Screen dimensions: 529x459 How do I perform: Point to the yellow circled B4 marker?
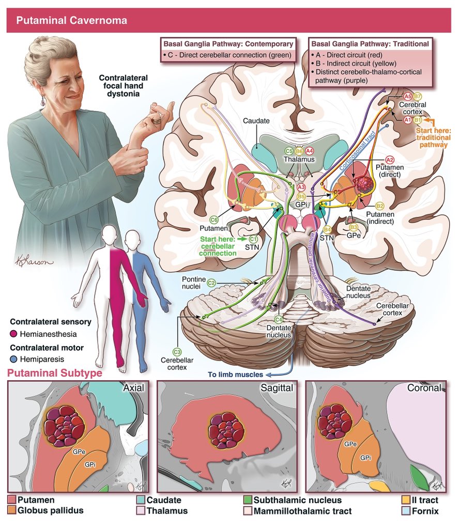(x=327, y=229)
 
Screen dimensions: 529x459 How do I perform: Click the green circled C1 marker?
(x=253, y=239)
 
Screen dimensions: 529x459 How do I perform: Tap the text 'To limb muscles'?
(x=235, y=375)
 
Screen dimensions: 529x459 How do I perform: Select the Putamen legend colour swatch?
(x=12, y=500)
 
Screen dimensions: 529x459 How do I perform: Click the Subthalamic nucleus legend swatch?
(x=248, y=500)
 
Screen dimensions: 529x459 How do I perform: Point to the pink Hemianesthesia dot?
(x=12, y=334)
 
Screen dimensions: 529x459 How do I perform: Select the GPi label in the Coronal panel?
(x=365, y=458)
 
